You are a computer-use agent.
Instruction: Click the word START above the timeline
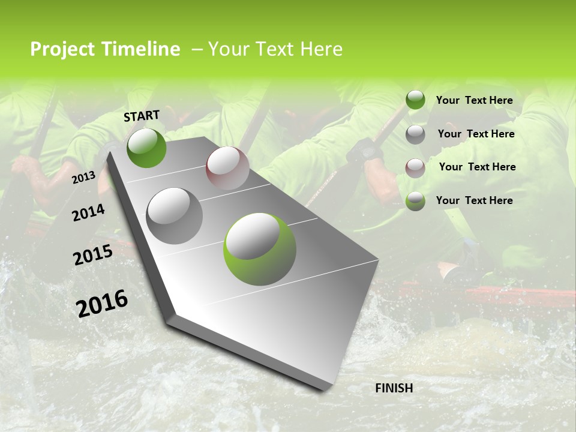click(x=142, y=116)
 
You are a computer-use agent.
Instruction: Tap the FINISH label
click(x=394, y=388)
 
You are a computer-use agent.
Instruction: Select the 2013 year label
click(x=83, y=177)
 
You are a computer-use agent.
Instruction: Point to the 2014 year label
click(x=88, y=212)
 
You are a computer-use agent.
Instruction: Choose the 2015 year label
click(x=93, y=254)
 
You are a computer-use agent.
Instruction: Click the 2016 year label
click(x=102, y=303)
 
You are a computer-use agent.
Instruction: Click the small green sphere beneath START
click(x=146, y=148)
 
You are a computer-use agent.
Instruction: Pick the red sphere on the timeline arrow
click(x=227, y=168)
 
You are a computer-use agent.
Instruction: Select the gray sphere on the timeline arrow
click(x=175, y=215)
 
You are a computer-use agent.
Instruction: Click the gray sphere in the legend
click(x=415, y=134)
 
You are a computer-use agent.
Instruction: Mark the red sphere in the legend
click(x=415, y=167)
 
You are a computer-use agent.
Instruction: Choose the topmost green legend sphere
click(x=415, y=100)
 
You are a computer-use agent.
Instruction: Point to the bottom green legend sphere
click(x=415, y=201)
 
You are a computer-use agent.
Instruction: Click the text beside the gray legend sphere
click(x=476, y=134)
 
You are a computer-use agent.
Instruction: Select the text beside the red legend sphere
click(x=477, y=167)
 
